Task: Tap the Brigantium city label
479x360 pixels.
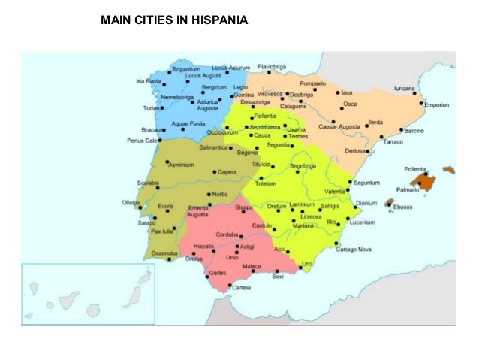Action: [186, 68]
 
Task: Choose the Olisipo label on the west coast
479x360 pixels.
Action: [132, 201]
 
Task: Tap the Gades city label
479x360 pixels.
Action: [218, 272]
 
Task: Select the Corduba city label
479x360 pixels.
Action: [227, 234]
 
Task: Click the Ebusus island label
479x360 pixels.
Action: [405, 207]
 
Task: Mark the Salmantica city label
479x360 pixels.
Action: [213, 147]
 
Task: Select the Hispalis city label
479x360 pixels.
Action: [205, 246]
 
